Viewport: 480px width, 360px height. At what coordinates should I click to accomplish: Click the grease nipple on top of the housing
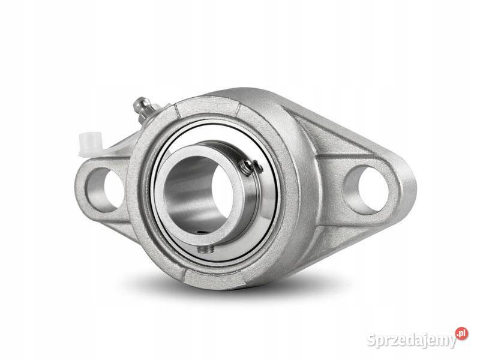click(144, 108)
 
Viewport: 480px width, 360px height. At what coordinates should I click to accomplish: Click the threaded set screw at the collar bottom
click(205, 250)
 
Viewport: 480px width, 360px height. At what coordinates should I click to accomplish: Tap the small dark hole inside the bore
click(200, 232)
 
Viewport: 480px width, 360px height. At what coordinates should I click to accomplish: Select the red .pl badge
click(461, 334)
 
